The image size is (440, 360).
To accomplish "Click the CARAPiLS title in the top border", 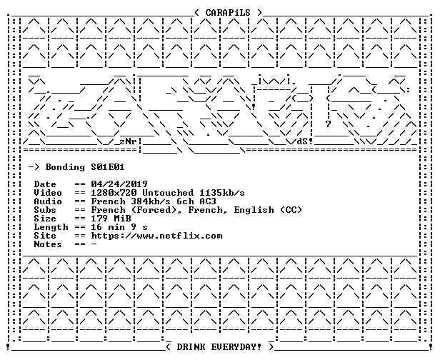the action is (228, 13).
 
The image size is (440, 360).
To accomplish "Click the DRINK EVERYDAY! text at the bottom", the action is (219, 347).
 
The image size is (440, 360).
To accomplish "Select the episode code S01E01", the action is (108, 167).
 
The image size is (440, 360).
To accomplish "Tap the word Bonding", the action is (65, 168).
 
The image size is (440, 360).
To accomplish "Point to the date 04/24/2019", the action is (119, 184).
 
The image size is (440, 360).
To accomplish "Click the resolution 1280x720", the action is (114, 193).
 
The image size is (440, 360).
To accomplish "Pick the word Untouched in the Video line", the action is (168, 193).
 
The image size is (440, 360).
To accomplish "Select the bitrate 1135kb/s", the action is (222, 193).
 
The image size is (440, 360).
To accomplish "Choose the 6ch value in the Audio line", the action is (185, 201).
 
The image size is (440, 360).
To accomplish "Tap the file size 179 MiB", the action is (111, 219).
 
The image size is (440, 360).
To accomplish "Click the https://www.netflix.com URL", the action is (156, 236).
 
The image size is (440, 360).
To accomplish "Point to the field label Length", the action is (51, 227).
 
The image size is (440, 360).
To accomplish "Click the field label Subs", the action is (45, 210).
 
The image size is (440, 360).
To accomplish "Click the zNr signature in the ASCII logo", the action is (128, 141).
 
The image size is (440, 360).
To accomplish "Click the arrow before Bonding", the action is (34, 167).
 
